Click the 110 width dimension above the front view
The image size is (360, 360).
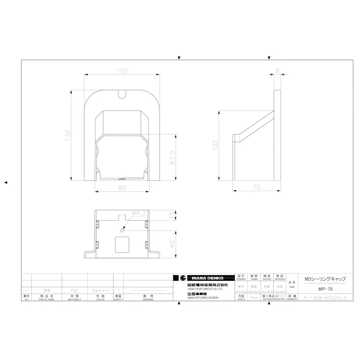tap(122, 71)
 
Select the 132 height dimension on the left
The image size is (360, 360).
tap(67, 135)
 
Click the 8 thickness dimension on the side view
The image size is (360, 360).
tap(277, 71)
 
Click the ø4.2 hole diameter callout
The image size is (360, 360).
tap(138, 214)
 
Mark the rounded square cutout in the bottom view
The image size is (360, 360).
tap(122, 244)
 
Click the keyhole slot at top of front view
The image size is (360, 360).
tap(122, 93)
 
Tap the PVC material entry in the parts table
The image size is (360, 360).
tap(75, 291)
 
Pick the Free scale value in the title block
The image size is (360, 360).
tap(254, 298)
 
